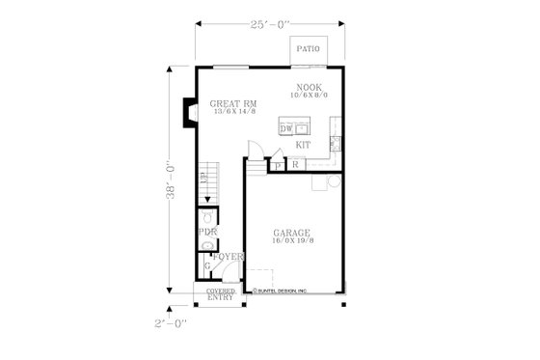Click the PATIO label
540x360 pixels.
tap(308, 47)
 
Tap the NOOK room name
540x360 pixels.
tap(309, 86)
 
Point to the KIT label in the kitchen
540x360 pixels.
tap(303, 145)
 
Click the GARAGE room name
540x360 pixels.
tap(290, 233)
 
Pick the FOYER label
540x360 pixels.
tap(228, 257)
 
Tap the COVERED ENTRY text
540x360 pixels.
tap(220, 295)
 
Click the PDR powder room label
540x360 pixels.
tap(207, 233)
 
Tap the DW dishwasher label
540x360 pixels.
tap(285, 128)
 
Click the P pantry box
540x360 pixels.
tap(278, 166)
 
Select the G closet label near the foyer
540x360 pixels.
tap(207, 265)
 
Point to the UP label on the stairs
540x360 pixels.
tap(203, 178)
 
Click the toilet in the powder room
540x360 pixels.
tap(207, 218)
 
